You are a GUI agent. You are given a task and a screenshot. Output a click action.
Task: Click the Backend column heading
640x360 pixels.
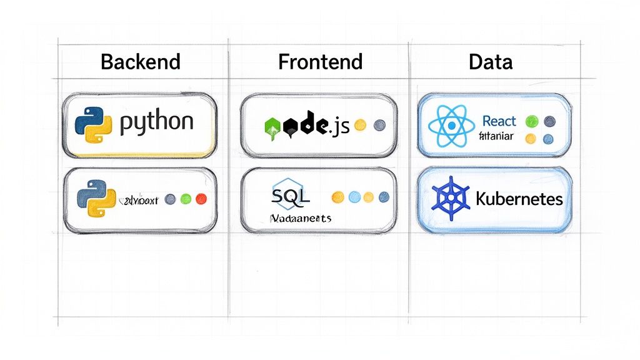(140, 62)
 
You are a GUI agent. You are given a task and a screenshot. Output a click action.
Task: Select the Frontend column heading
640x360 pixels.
(320, 62)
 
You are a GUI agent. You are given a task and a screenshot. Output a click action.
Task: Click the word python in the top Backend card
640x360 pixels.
(156, 122)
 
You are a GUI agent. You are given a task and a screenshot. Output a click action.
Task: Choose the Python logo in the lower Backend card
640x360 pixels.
(96, 199)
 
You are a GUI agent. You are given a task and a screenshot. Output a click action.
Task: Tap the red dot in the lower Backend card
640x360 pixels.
(201, 199)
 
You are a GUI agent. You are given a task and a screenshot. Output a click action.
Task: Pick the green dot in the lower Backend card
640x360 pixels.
(186, 199)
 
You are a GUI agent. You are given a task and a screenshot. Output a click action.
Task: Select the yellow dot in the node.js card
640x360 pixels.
(359, 125)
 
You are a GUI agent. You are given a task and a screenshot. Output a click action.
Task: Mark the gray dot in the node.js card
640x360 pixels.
(379, 125)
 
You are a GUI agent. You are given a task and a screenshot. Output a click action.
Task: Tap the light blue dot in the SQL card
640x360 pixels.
(354, 197)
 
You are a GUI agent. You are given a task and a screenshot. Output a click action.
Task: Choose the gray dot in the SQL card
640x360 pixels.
(384, 197)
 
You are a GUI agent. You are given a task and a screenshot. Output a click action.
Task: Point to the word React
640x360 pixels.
(499, 120)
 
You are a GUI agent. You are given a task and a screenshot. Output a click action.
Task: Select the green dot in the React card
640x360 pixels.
(532, 121)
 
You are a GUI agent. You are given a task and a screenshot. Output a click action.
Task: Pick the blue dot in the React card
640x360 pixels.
(549, 139)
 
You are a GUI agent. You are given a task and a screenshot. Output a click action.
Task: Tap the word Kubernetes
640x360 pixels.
(519, 200)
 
